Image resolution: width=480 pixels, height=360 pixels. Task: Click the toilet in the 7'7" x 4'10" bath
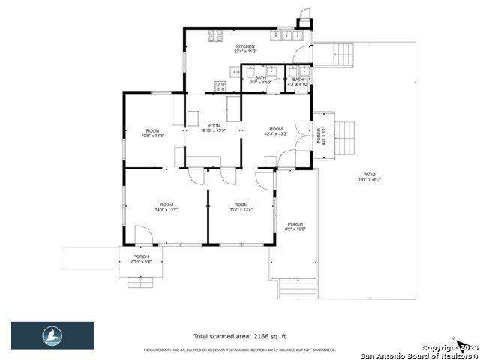(x=235, y=72)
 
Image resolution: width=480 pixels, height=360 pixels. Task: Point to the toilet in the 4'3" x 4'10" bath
(x=304, y=73)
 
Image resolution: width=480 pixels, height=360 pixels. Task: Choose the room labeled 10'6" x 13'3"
(x=153, y=133)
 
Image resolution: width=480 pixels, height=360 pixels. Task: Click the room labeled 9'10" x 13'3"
(x=214, y=128)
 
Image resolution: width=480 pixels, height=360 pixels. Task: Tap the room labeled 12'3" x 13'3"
(x=276, y=131)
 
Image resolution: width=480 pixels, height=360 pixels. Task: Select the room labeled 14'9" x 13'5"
(x=166, y=208)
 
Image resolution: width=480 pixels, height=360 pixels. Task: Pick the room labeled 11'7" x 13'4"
(x=241, y=208)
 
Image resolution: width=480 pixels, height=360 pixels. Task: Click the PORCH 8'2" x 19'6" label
(x=295, y=227)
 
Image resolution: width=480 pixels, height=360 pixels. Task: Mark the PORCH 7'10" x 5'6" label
(x=141, y=259)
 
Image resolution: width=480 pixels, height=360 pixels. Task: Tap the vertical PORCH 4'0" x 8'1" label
(x=319, y=136)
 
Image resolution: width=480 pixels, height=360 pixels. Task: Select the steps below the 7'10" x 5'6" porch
(x=141, y=282)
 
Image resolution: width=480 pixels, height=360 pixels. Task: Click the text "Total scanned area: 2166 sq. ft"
(x=239, y=337)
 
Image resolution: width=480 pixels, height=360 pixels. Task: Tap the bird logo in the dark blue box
(x=52, y=335)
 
